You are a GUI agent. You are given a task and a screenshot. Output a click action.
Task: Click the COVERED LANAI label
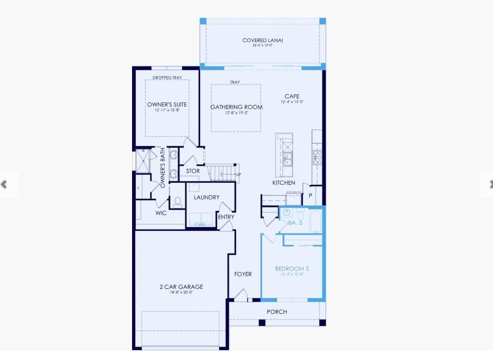point(263,40)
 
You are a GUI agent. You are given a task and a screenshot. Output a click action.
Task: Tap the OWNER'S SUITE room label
point(167,104)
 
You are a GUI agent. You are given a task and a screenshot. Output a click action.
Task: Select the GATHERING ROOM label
point(237,107)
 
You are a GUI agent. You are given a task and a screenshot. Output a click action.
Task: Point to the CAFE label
point(292,96)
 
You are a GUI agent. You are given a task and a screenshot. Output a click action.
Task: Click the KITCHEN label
point(284,183)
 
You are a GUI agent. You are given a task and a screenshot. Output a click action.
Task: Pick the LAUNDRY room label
point(206,197)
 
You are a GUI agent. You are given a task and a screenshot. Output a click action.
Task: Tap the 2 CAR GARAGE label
point(181,287)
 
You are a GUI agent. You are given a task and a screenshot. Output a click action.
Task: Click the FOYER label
point(243,274)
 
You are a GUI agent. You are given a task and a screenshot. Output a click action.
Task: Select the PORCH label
point(277,312)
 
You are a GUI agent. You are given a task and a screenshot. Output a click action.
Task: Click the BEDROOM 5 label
point(292,269)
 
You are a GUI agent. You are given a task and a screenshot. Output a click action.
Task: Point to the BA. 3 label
point(296,223)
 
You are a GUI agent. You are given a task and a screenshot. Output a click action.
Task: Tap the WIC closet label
point(161,213)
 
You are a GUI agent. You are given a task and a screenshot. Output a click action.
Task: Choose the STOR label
point(193,171)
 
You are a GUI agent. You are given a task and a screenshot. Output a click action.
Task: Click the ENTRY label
point(226,217)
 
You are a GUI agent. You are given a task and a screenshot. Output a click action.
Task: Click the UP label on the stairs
point(239,175)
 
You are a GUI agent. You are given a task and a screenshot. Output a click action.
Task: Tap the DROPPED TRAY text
point(167,78)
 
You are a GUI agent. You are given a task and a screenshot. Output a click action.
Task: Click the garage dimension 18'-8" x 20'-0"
point(181,293)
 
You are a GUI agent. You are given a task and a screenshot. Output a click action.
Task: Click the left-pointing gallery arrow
point(5,184)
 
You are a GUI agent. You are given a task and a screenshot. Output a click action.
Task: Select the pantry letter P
point(310,196)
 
